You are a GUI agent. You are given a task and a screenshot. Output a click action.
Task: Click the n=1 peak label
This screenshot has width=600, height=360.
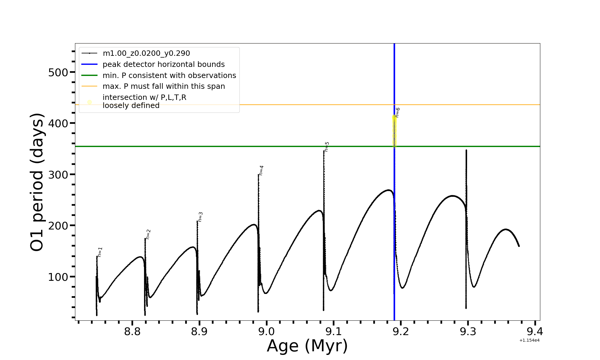(x=100, y=252)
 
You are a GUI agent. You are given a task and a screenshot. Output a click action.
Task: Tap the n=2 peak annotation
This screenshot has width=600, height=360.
(x=148, y=234)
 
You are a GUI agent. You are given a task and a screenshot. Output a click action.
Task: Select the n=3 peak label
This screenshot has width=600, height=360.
(x=200, y=217)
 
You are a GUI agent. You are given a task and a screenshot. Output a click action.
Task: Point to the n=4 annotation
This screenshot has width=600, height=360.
(x=261, y=170)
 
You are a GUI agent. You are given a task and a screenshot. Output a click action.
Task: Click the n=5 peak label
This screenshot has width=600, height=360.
(x=327, y=147)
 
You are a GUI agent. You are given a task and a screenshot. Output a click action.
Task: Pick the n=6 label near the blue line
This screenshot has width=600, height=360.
(x=397, y=112)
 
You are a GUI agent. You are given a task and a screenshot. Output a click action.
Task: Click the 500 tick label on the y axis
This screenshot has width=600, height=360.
(x=58, y=72)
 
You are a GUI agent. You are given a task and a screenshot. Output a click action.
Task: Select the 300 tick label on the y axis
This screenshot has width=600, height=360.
(x=58, y=175)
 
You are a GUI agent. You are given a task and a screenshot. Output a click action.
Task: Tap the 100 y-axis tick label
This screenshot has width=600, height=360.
(x=58, y=277)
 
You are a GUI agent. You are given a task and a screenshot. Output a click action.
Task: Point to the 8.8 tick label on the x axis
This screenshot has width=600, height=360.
(x=132, y=331)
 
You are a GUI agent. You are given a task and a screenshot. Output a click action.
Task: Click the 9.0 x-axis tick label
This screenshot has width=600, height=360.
(x=266, y=331)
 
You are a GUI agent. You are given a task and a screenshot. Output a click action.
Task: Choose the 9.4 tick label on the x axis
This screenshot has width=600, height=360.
(x=535, y=331)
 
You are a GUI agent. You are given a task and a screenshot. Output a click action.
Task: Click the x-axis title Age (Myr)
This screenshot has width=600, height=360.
(x=307, y=346)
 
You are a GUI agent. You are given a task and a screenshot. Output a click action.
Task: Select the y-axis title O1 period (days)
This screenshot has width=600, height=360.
(x=37, y=182)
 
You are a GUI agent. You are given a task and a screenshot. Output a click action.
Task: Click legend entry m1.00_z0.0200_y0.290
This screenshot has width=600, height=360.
(x=146, y=53)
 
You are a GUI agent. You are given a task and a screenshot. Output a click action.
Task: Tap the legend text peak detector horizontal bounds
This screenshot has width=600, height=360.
(x=163, y=64)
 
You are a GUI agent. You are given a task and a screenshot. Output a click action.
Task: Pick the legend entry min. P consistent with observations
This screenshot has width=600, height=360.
(x=169, y=76)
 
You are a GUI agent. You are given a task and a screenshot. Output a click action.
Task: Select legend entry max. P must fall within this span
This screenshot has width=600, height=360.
(x=163, y=86)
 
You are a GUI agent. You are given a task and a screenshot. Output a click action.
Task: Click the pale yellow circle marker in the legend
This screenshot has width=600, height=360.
(x=89, y=102)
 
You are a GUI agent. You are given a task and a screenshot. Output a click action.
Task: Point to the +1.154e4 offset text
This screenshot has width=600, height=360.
(x=529, y=340)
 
